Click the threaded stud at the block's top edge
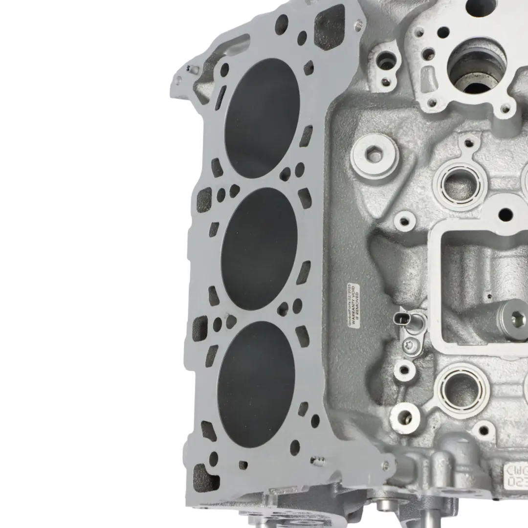coord(360,22)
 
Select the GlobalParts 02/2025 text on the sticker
coord(348,305)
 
